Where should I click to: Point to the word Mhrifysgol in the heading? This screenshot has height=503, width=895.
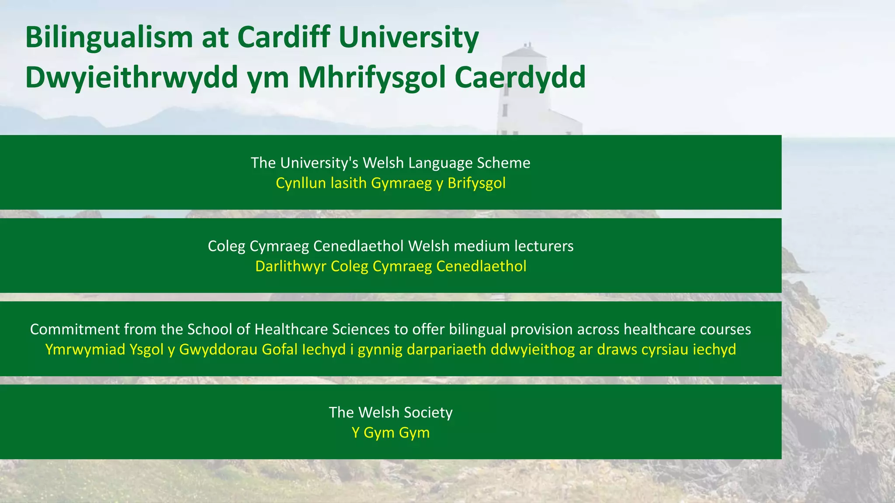point(371,78)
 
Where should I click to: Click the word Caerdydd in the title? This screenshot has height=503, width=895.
point(520,78)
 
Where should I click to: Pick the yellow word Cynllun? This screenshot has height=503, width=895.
point(301,183)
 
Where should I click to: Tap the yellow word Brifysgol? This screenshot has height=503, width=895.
point(476,183)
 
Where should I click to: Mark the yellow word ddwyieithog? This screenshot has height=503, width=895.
point(533,350)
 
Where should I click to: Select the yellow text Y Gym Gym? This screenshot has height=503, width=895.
point(391,433)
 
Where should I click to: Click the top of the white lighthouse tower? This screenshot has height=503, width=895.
point(524,50)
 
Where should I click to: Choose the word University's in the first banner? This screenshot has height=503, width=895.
point(319,163)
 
